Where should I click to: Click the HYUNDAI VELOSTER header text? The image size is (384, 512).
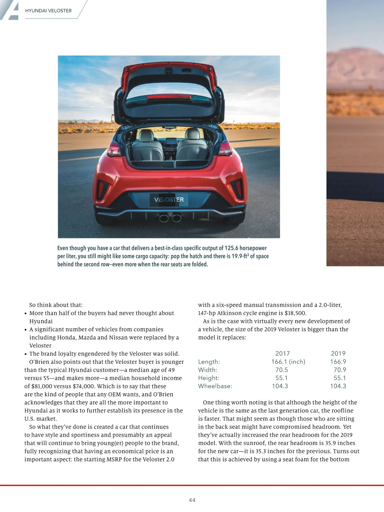click(48, 11)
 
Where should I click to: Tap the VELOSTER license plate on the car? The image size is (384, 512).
click(169, 200)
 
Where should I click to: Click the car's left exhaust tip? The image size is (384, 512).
click(164, 218)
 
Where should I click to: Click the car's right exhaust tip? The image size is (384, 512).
click(177, 218)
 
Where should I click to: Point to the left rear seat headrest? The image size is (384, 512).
click(147, 135)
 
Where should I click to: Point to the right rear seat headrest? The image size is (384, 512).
click(192, 134)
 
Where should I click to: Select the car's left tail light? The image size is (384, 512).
click(114, 149)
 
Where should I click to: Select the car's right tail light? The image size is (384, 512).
click(225, 148)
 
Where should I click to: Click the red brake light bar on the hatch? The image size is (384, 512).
click(169, 97)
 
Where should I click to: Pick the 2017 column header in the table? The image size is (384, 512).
click(282, 354)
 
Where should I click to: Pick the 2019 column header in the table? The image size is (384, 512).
click(338, 354)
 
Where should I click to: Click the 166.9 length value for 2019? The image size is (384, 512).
click(338, 362)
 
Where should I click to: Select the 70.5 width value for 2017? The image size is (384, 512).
click(282, 370)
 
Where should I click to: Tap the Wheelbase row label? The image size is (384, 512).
click(215, 386)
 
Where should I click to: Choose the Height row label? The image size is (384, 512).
click(209, 378)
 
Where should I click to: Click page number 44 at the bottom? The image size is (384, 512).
click(192, 500)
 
